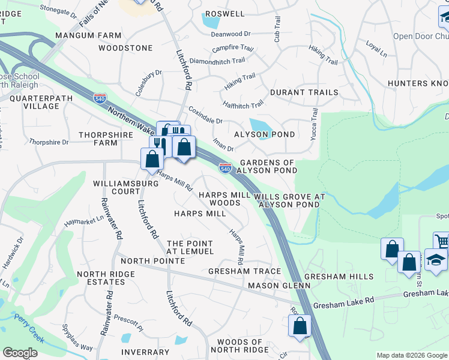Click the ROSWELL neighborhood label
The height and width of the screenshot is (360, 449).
225,14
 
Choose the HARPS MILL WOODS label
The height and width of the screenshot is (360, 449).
220,199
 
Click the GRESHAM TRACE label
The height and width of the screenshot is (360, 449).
244,271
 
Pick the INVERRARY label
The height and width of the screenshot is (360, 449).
145,352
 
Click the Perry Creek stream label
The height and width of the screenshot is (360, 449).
28,329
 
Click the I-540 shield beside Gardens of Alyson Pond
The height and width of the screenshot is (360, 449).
225,169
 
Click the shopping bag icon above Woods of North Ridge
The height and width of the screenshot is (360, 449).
300,326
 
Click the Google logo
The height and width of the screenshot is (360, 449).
20,353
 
